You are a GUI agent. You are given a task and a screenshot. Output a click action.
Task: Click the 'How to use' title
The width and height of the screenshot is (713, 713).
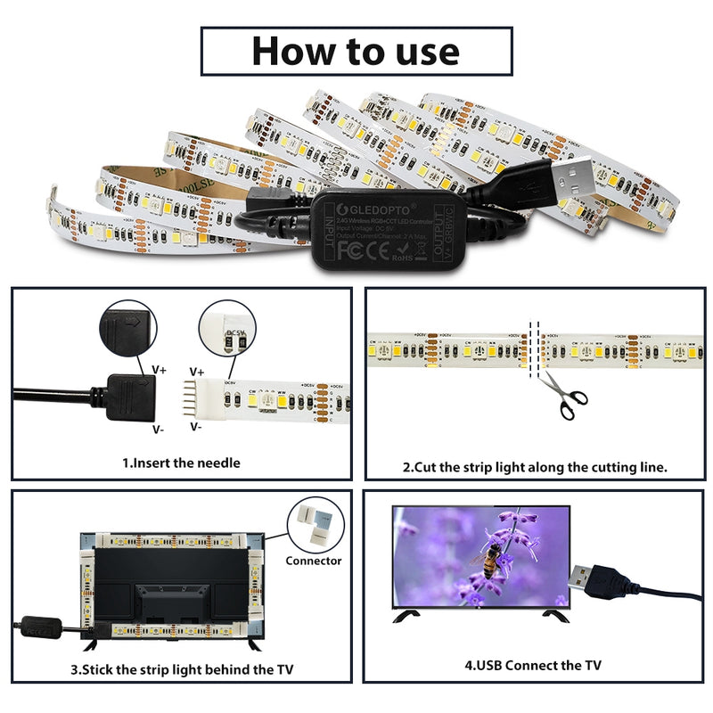(x=356, y=51)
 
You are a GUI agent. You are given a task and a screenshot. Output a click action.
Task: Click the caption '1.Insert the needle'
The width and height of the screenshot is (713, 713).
(x=181, y=463)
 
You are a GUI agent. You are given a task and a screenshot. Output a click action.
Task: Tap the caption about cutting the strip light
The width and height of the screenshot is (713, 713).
(x=535, y=466)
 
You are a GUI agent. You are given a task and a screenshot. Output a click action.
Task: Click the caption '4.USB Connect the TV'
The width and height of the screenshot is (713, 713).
(x=533, y=665)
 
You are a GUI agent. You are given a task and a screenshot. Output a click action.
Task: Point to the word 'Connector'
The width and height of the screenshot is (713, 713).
(x=313, y=561)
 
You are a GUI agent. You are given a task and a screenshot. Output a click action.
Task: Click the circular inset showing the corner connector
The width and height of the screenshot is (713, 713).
(x=314, y=522)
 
